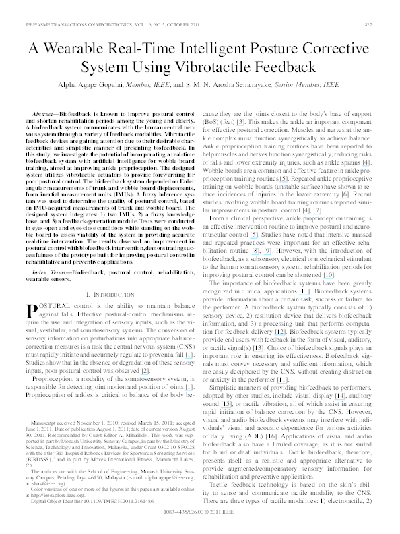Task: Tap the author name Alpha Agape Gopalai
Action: coord(100,86)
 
